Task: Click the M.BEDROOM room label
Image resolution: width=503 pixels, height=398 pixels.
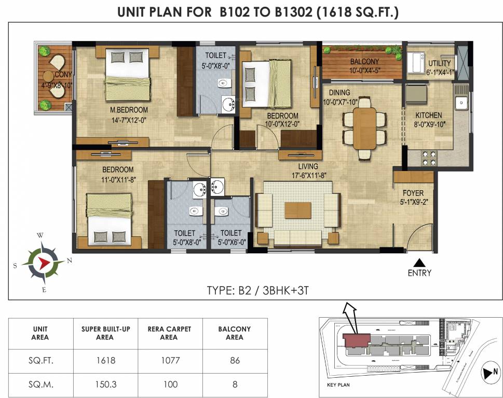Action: point(128,110)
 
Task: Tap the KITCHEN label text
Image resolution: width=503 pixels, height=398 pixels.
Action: point(428,116)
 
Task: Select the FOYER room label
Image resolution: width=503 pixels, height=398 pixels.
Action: point(413,193)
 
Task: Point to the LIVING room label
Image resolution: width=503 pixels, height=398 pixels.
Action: point(308,166)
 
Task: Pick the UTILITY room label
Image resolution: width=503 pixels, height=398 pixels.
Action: point(439,63)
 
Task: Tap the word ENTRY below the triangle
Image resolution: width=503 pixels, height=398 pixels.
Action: point(419,273)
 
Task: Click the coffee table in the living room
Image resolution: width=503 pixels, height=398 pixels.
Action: point(297,210)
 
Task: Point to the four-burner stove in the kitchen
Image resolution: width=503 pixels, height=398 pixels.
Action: point(428,157)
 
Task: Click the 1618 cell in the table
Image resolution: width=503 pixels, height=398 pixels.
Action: point(105,361)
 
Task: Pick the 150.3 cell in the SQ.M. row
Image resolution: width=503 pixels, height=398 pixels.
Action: point(105,384)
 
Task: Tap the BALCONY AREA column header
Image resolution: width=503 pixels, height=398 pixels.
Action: point(235,333)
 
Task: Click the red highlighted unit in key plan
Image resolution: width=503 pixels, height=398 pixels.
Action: point(356,340)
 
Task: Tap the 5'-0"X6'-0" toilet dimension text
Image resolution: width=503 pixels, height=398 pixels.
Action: point(230,241)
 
